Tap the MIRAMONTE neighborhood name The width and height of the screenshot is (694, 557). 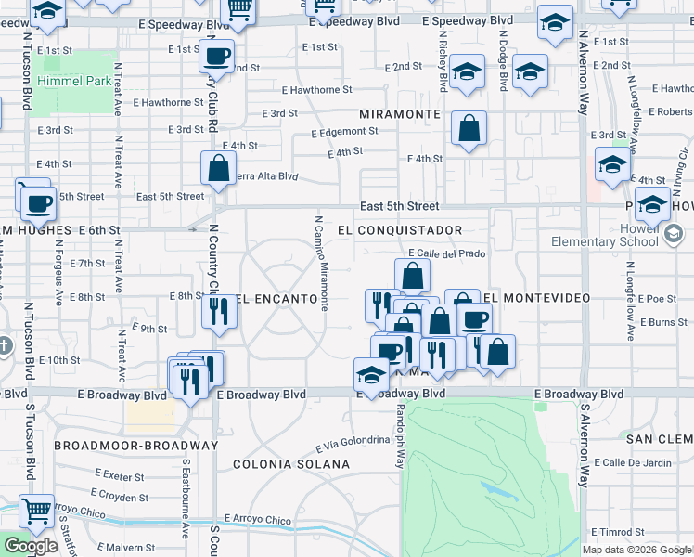[400, 113]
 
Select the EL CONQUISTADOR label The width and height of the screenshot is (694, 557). [400, 229]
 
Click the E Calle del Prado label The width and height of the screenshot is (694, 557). [447, 253]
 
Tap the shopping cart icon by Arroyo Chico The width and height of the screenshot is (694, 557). [37, 510]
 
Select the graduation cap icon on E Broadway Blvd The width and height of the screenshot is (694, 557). [371, 375]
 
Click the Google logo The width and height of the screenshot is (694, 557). [32, 546]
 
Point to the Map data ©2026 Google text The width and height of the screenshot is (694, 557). [636, 550]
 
